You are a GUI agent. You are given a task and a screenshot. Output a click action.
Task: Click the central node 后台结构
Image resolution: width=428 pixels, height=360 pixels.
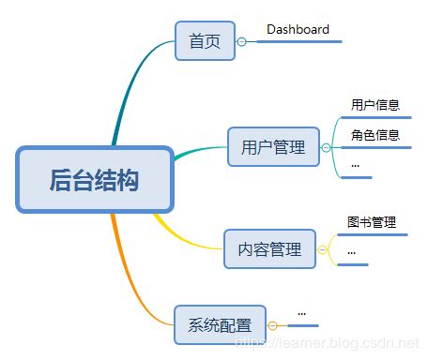(95, 178)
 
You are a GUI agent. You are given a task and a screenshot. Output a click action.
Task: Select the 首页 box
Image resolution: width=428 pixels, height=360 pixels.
(205, 41)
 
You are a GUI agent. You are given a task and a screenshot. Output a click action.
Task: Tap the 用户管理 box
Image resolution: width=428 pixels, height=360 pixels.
(273, 147)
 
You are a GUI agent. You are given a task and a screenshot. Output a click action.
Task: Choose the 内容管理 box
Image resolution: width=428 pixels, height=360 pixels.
(269, 249)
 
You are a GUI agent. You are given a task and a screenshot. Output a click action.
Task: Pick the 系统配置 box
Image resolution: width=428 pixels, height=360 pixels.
(220, 324)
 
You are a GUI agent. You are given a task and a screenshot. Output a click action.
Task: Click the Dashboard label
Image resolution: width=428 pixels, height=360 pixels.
(298, 29)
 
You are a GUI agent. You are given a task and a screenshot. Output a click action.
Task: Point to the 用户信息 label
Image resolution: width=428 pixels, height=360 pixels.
(374, 105)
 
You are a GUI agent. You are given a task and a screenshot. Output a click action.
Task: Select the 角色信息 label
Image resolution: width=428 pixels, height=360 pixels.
(374, 135)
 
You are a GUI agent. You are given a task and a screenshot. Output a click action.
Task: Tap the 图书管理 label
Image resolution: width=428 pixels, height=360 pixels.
(371, 222)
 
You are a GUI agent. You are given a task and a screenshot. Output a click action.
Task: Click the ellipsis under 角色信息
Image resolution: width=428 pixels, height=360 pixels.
(355, 165)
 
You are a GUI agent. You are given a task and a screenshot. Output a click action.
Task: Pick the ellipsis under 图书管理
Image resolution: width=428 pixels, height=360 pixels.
(351, 251)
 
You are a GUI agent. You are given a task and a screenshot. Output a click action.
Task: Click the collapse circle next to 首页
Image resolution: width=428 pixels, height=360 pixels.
(242, 41)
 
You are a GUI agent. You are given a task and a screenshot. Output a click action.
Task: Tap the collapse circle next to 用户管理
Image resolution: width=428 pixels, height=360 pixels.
(327, 147)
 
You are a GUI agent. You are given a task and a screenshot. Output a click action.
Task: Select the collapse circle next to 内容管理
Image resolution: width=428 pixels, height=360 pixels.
(323, 249)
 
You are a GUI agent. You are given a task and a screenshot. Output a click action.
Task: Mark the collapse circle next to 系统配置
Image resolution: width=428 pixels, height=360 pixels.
(272, 324)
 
